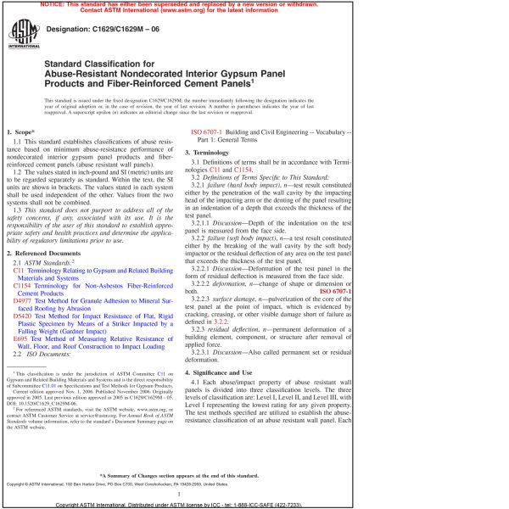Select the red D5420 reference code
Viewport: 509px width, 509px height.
click(25, 317)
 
